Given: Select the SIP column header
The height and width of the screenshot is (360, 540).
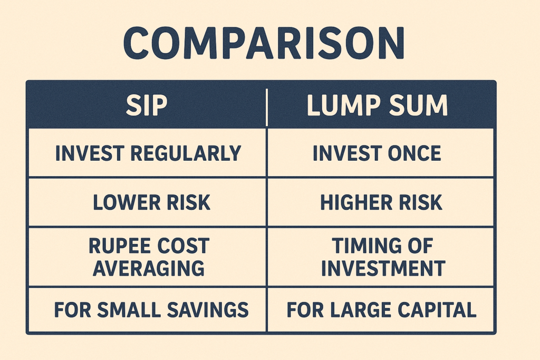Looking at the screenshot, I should tap(146, 105).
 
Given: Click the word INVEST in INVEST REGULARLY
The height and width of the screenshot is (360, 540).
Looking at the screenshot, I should tap(88, 153).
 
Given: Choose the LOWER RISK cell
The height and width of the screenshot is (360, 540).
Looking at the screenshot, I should tap(151, 202).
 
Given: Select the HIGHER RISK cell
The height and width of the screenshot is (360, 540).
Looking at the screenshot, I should tap(381, 202).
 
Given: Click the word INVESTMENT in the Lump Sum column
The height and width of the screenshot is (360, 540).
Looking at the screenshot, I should tap(383, 268).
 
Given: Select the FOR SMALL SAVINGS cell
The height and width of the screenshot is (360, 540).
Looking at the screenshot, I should tap(151, 310).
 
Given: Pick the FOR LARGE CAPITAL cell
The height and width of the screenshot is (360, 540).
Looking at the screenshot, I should tap(381, 310).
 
